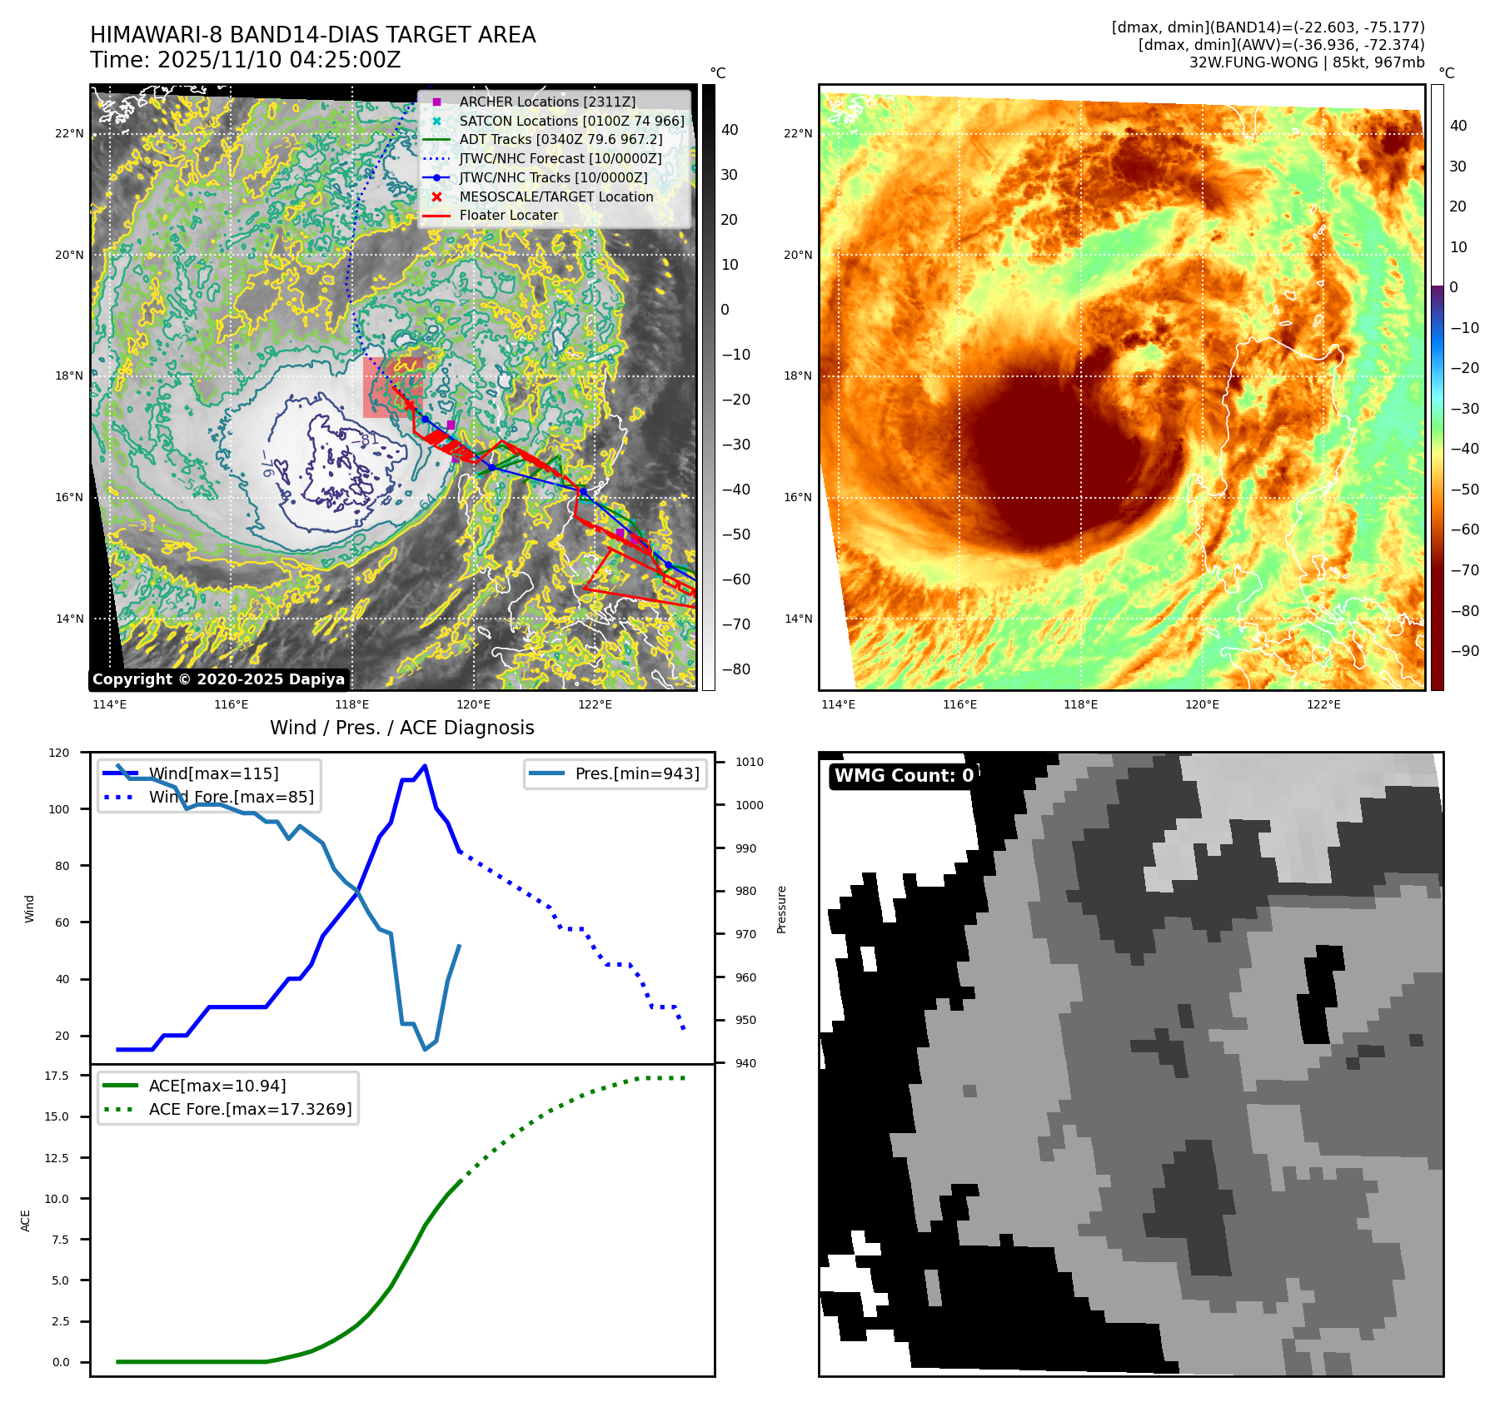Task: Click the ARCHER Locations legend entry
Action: tap(547, 102)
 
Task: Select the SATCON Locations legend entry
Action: tap(571, 121)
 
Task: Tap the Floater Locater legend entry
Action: tap(508, 215)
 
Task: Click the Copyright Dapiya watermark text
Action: tap(218, 679)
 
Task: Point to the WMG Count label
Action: tap(904, 775)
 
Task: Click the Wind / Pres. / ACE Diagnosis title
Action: tap(401, 728)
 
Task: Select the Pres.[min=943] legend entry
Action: tap(637, 773)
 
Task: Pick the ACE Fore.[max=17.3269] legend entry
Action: tap(250, 1109)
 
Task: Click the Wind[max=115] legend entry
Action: tap(213, 773)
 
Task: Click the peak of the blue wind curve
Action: tap(425, 765)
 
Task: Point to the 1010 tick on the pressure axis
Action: tap(749, 762)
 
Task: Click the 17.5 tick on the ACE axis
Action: tap(57, 1076)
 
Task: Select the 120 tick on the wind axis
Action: tap(59, 753)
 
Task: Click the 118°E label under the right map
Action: tap(1080, 704)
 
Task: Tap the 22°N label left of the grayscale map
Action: tap(69, 133)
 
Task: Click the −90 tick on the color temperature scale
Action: tap(1464, 651)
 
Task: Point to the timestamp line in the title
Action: tap(246, 60)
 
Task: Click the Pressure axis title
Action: tap(781, 909)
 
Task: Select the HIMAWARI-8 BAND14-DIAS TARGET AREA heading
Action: tap(312, 35)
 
